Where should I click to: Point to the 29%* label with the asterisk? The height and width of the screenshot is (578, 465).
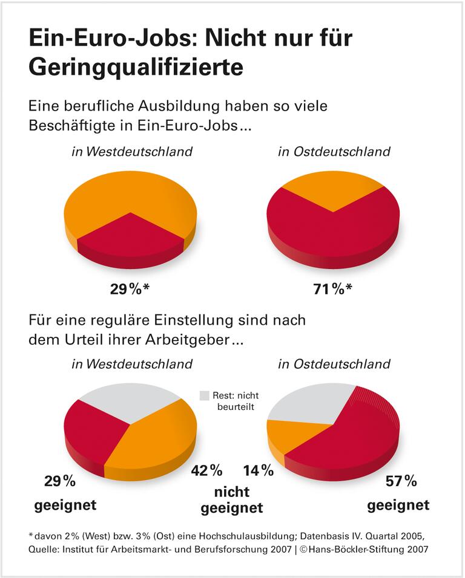129,288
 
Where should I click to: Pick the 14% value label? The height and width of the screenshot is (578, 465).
259,470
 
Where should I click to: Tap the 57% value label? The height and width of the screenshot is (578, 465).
401,481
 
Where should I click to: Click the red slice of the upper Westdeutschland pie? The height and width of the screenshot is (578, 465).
130,236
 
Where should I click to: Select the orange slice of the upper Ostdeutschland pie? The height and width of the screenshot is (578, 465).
333,187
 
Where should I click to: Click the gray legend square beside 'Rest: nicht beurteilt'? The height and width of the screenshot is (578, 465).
204,395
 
